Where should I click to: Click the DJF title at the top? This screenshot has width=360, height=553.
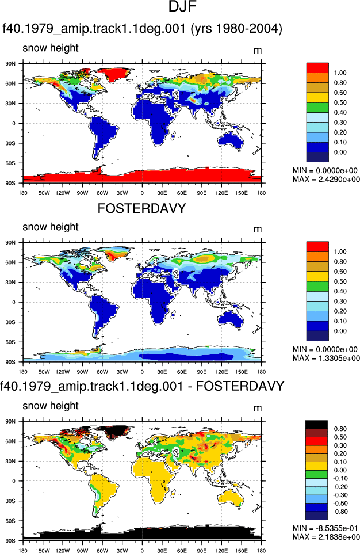coord(182,7)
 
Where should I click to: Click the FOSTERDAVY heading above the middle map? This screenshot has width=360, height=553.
coord(141,208)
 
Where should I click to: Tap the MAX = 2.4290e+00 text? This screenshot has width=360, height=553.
coord(326,179)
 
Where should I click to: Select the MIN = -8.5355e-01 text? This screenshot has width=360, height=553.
coord(325,528)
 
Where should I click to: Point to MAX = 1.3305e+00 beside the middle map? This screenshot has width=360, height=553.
coord(326,358)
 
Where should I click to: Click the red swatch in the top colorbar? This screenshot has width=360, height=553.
coord(317,68)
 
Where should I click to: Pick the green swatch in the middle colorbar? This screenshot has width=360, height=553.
coord(317,287)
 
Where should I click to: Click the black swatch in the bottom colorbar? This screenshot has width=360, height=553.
coord(317,425)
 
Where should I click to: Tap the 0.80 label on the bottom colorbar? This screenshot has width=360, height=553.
coord(340,429)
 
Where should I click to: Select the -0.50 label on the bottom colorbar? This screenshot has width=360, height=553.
coord(340,504)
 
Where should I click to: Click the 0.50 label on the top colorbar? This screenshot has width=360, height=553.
coord(340,102)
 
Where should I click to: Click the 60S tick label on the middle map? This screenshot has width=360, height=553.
coord(10,342)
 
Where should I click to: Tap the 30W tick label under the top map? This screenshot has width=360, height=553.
coord(122,193)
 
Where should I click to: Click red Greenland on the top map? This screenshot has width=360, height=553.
coord(113,73)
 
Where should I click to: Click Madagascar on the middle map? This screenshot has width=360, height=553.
coord(173,314)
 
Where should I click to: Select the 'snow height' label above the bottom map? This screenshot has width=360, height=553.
coord(51,406)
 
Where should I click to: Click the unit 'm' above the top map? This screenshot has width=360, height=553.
coord(258,51)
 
